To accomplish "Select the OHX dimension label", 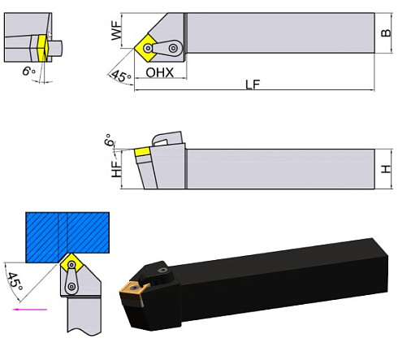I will click(161, 73).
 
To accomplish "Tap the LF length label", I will click(253, 86).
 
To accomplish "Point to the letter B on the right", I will click(387, 34).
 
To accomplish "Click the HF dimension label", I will click(117, 169).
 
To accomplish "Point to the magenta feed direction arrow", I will click(32, 309).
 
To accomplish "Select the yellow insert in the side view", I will click(143, 151).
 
